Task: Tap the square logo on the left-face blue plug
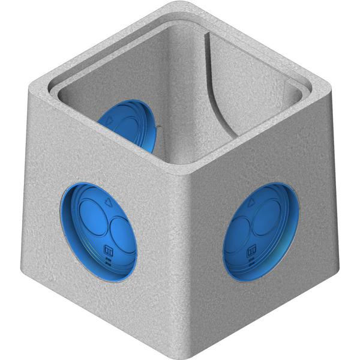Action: [109, 250]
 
